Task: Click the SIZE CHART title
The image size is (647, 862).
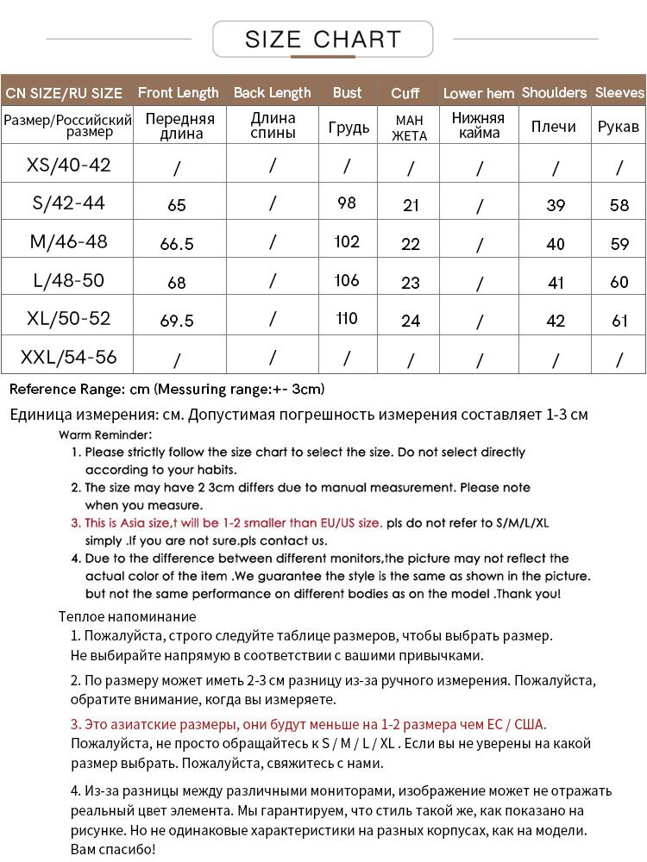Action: (323, 40)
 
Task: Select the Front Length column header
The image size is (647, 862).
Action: (179, 92)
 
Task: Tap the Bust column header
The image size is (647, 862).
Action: (347, 92)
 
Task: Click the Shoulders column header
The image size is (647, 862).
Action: (554, 92)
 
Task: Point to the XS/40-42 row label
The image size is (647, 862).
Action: (69, 165)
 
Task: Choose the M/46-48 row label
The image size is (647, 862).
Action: (69, 242)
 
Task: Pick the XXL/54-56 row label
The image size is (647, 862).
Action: (69, 357)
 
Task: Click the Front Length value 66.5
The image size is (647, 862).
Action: (177, 244)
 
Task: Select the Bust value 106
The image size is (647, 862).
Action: (347, 281)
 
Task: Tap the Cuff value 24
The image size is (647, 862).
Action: (411, 321)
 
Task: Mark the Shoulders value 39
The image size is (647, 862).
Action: (556, 205)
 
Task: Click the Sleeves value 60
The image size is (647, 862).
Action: (619, 283)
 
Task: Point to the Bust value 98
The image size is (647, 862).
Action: (347, 203)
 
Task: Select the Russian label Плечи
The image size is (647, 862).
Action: (554, 127)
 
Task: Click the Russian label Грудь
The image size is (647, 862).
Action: (349, 128)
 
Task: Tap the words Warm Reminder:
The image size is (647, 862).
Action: (105, 434)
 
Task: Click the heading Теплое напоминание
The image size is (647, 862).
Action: (128, 616)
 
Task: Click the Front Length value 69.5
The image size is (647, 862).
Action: (177, 321)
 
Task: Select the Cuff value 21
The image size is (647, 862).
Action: (411, 205)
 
